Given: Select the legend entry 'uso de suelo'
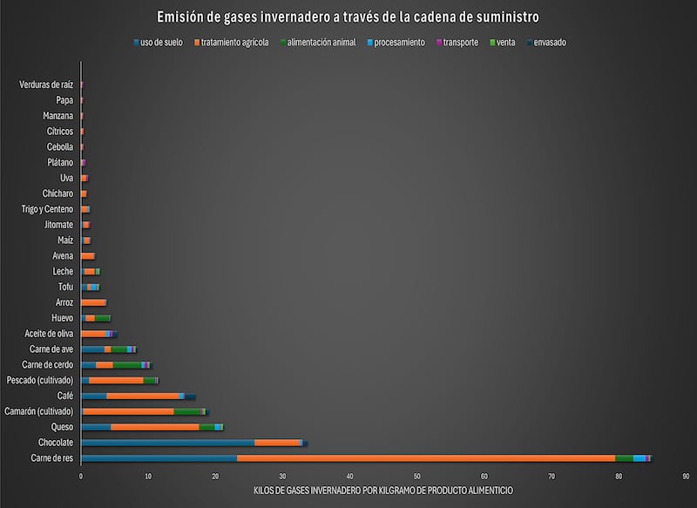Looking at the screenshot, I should pos(161,42).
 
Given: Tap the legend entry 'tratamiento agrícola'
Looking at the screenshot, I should pos(234,42).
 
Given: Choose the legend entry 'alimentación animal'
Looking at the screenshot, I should pos(321,42).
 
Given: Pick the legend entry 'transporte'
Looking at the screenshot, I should pos(460,42).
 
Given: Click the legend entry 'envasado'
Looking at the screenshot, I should pos(549,42).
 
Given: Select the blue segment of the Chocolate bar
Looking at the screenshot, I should pos(166,443).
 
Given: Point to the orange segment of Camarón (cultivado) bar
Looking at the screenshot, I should pos(139,411).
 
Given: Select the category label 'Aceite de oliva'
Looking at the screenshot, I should pos(49,334).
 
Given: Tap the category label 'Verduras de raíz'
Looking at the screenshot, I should pos(46,85).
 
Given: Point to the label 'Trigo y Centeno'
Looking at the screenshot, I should pos(47,209).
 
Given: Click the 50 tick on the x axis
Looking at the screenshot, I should pos(417,476).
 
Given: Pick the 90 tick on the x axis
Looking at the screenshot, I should pos(687,476).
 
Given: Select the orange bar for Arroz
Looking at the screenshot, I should pos(94,302).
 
